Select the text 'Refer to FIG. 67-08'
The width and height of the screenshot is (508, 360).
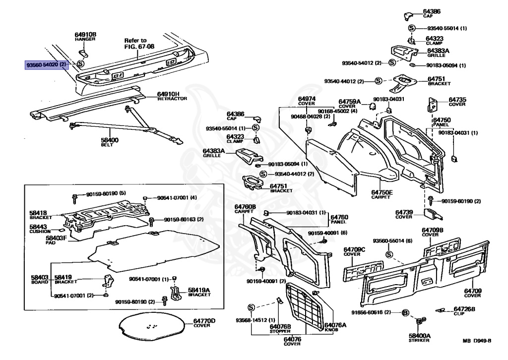(135, 43)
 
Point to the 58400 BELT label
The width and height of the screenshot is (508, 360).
(110, 143)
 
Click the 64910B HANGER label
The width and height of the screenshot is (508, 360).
(85, 36)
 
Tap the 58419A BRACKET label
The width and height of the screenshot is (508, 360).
(199, 292)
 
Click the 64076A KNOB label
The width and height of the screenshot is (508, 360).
(335, 328)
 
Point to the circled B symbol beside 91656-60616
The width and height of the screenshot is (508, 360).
(405, 312)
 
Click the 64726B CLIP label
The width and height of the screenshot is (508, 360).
(464, 311)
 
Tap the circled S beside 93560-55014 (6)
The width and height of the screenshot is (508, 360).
(389, 254)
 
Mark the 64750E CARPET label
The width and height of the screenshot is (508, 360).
(381, 194)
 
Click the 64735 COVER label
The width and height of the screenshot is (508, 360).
(457, 102)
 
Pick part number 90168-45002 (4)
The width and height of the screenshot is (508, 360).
(337, 111)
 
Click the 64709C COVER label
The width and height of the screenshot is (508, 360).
(354, 251)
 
